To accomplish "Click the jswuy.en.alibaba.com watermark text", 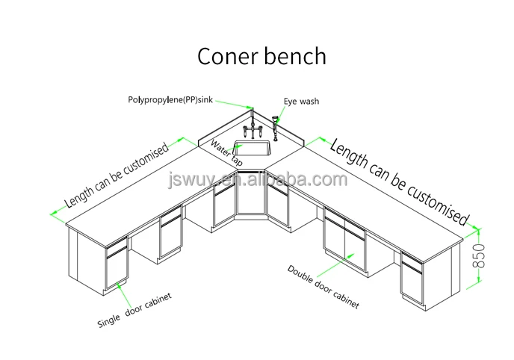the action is coord(258,179).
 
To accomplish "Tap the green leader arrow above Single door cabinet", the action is coord(120,288).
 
